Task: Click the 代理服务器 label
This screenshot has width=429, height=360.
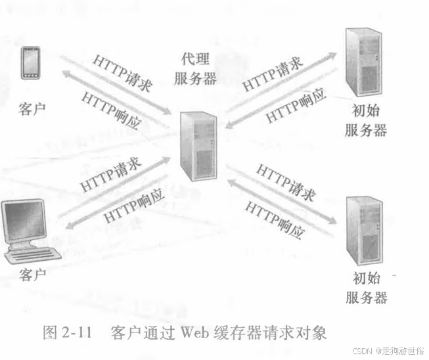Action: coord(195,69)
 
